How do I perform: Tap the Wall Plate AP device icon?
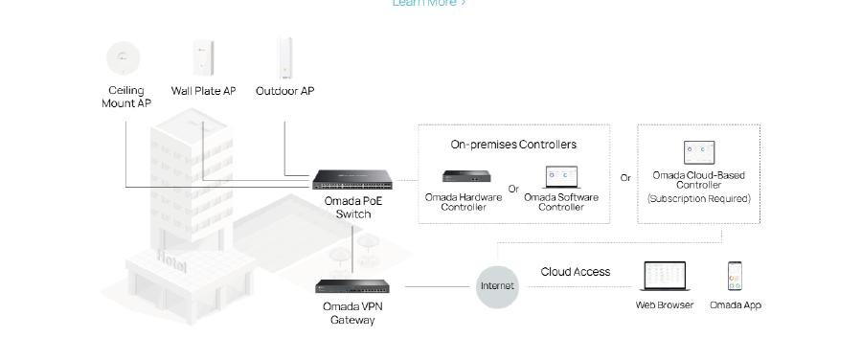pos(203,57)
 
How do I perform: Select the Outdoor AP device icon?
pos(284,57)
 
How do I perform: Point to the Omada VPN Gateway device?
pos(352,285)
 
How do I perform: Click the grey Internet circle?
pos(497,285)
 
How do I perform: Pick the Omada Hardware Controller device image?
pos(464,177)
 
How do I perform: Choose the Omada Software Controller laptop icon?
pos(561,177)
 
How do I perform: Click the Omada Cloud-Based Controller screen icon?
pos(698,152)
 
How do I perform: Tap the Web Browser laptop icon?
pos(664,277)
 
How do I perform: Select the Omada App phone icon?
pos(735,277)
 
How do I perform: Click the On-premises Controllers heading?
pos(513,145)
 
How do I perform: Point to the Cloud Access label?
pos(575,272)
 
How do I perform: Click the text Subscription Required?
pos(698,199)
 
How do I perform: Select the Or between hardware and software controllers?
pos(513,189)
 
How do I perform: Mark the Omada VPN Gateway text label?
pos(352,313)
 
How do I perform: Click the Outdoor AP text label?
pos(284,91)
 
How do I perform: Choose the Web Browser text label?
pos(664,305)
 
